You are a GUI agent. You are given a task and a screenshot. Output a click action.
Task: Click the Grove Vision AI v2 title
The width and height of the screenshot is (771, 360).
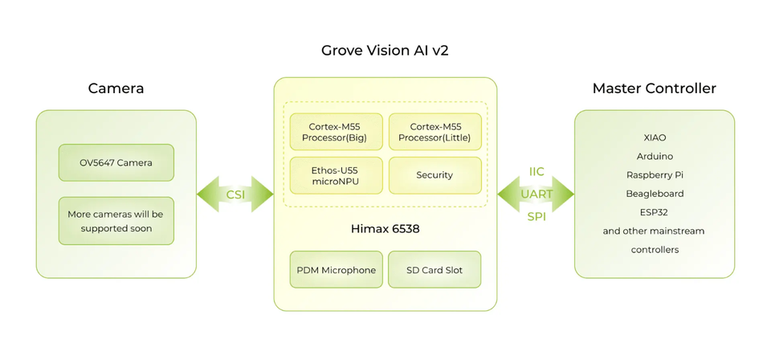point(385,51)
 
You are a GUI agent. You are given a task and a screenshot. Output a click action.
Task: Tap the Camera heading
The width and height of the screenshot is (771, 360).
point(116,88)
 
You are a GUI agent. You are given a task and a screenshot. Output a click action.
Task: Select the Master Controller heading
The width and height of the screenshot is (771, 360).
point(654,88)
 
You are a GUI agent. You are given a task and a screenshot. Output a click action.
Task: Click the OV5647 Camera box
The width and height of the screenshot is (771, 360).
point(116,162)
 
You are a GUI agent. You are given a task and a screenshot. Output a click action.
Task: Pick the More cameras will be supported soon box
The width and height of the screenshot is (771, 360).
point(116,221)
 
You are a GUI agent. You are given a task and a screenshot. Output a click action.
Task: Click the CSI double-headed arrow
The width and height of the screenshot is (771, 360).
point(235,194)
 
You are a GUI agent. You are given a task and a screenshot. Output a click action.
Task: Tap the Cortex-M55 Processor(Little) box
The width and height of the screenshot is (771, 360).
point(434,132)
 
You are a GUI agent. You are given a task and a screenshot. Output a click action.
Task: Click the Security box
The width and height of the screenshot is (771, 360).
point(434,175)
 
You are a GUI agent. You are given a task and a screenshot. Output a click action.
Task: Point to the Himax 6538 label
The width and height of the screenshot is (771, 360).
point(385,229)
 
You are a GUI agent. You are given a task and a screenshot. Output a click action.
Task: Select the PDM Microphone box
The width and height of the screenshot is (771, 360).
point(336,270)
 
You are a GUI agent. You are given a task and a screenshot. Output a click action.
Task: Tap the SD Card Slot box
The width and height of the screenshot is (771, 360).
point(434,270)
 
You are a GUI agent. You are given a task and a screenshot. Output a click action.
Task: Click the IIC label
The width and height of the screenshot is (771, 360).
point(536,172)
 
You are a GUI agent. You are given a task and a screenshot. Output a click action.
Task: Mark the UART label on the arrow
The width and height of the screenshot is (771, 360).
point(536,194)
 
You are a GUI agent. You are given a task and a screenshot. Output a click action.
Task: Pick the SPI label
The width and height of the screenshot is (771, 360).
point(536,217)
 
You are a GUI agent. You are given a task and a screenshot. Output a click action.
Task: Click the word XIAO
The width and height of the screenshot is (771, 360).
point(655,137)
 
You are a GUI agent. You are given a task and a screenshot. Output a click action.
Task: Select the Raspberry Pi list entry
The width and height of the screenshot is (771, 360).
point(655,175)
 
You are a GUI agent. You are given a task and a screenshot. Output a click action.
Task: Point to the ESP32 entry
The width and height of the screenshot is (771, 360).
point(655,212)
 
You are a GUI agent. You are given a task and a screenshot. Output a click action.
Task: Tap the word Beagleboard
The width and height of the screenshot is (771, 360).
point(655,194)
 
